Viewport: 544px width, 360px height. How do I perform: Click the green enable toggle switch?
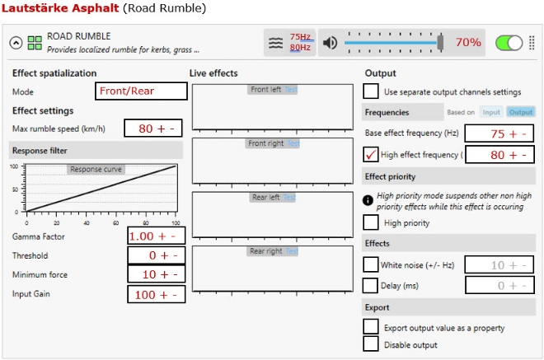[509, 44]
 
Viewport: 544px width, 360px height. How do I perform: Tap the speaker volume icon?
[330, 43]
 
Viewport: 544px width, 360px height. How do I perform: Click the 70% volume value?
[468, 42]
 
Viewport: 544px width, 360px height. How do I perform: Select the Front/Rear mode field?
[141, 91]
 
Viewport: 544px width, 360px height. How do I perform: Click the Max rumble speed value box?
[153, 129]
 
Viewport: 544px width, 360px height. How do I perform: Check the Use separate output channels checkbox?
[371, 91]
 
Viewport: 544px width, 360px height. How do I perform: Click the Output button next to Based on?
[521, 112]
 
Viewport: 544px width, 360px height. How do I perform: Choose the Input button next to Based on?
[491, 112]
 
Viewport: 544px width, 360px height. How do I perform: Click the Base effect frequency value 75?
[498, 134]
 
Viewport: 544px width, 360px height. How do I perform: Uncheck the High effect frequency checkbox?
[371, 155]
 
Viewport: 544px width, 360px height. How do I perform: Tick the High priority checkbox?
[371, 222]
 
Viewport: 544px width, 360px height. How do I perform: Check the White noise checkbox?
[371, 264]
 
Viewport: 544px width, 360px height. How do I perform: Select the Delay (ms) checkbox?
[370, 285]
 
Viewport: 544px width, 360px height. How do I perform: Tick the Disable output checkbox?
[371, 344]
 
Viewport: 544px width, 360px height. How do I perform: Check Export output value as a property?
[371, 327]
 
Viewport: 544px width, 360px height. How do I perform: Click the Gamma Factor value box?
[156, 236]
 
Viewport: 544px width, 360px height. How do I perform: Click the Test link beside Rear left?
[289, 198]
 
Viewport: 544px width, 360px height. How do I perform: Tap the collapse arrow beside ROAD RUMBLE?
[16, 43]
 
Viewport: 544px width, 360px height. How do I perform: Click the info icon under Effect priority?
[368, 200]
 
